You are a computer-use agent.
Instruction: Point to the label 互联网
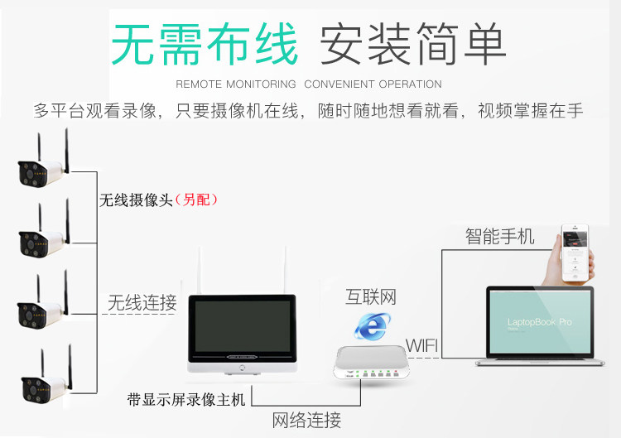(x=371, y=296)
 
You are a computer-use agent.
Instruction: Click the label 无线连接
(x=142, y=303)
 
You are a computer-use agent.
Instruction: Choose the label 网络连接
(x=306, y=421)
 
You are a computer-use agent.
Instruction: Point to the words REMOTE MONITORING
(x=236, y=84)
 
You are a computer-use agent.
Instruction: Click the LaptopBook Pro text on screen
(x=539, y=321)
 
